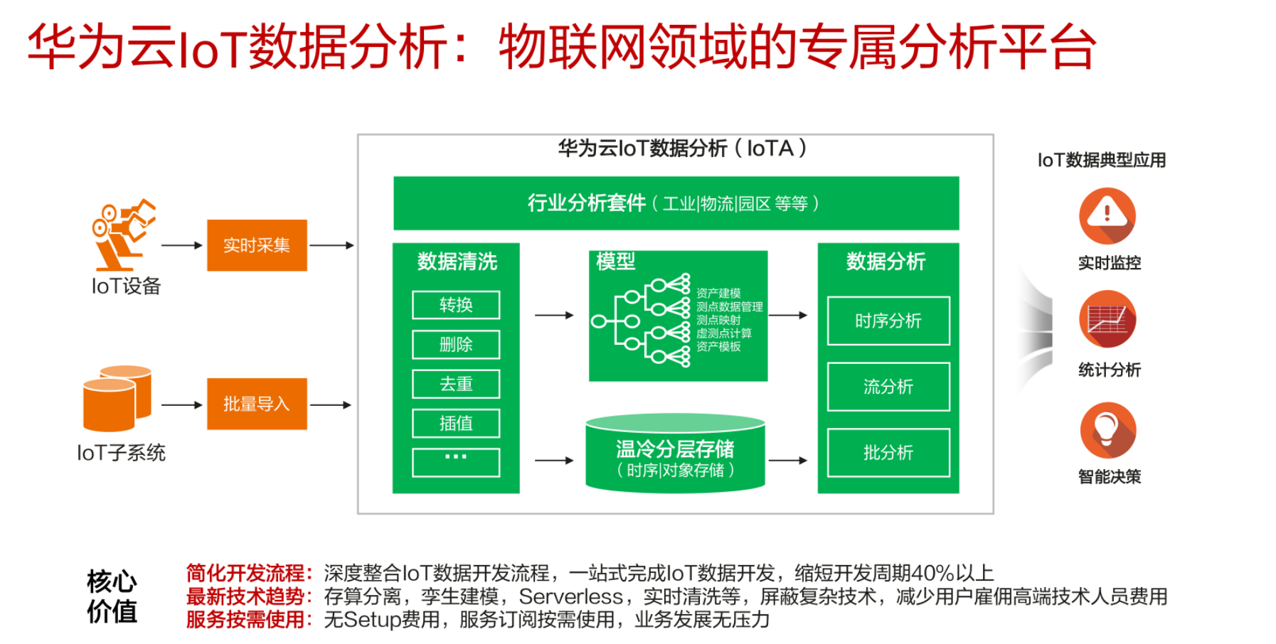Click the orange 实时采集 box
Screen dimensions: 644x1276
tap(257, 245)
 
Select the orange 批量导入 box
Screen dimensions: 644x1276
tap(257, 404)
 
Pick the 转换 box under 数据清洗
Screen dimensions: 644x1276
tap(456, 305)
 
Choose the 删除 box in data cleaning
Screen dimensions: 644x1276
tap(456, 345)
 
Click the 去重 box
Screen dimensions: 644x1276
tap(456, 384)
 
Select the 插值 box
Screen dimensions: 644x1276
tap(456, 423)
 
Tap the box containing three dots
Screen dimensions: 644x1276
tap(456, 462)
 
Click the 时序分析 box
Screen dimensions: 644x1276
tap(888, 321)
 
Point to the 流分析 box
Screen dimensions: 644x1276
tap(888, 387)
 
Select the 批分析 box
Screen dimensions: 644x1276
tap(888, 452)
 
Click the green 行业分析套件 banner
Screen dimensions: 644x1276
tap(676, 203)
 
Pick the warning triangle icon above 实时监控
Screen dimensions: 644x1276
tap(1107, 215)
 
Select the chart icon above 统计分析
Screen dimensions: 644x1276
tap(1107, 319)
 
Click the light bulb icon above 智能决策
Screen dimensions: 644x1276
tap(1107, 430)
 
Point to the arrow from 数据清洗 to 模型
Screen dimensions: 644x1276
tap(554, 315)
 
